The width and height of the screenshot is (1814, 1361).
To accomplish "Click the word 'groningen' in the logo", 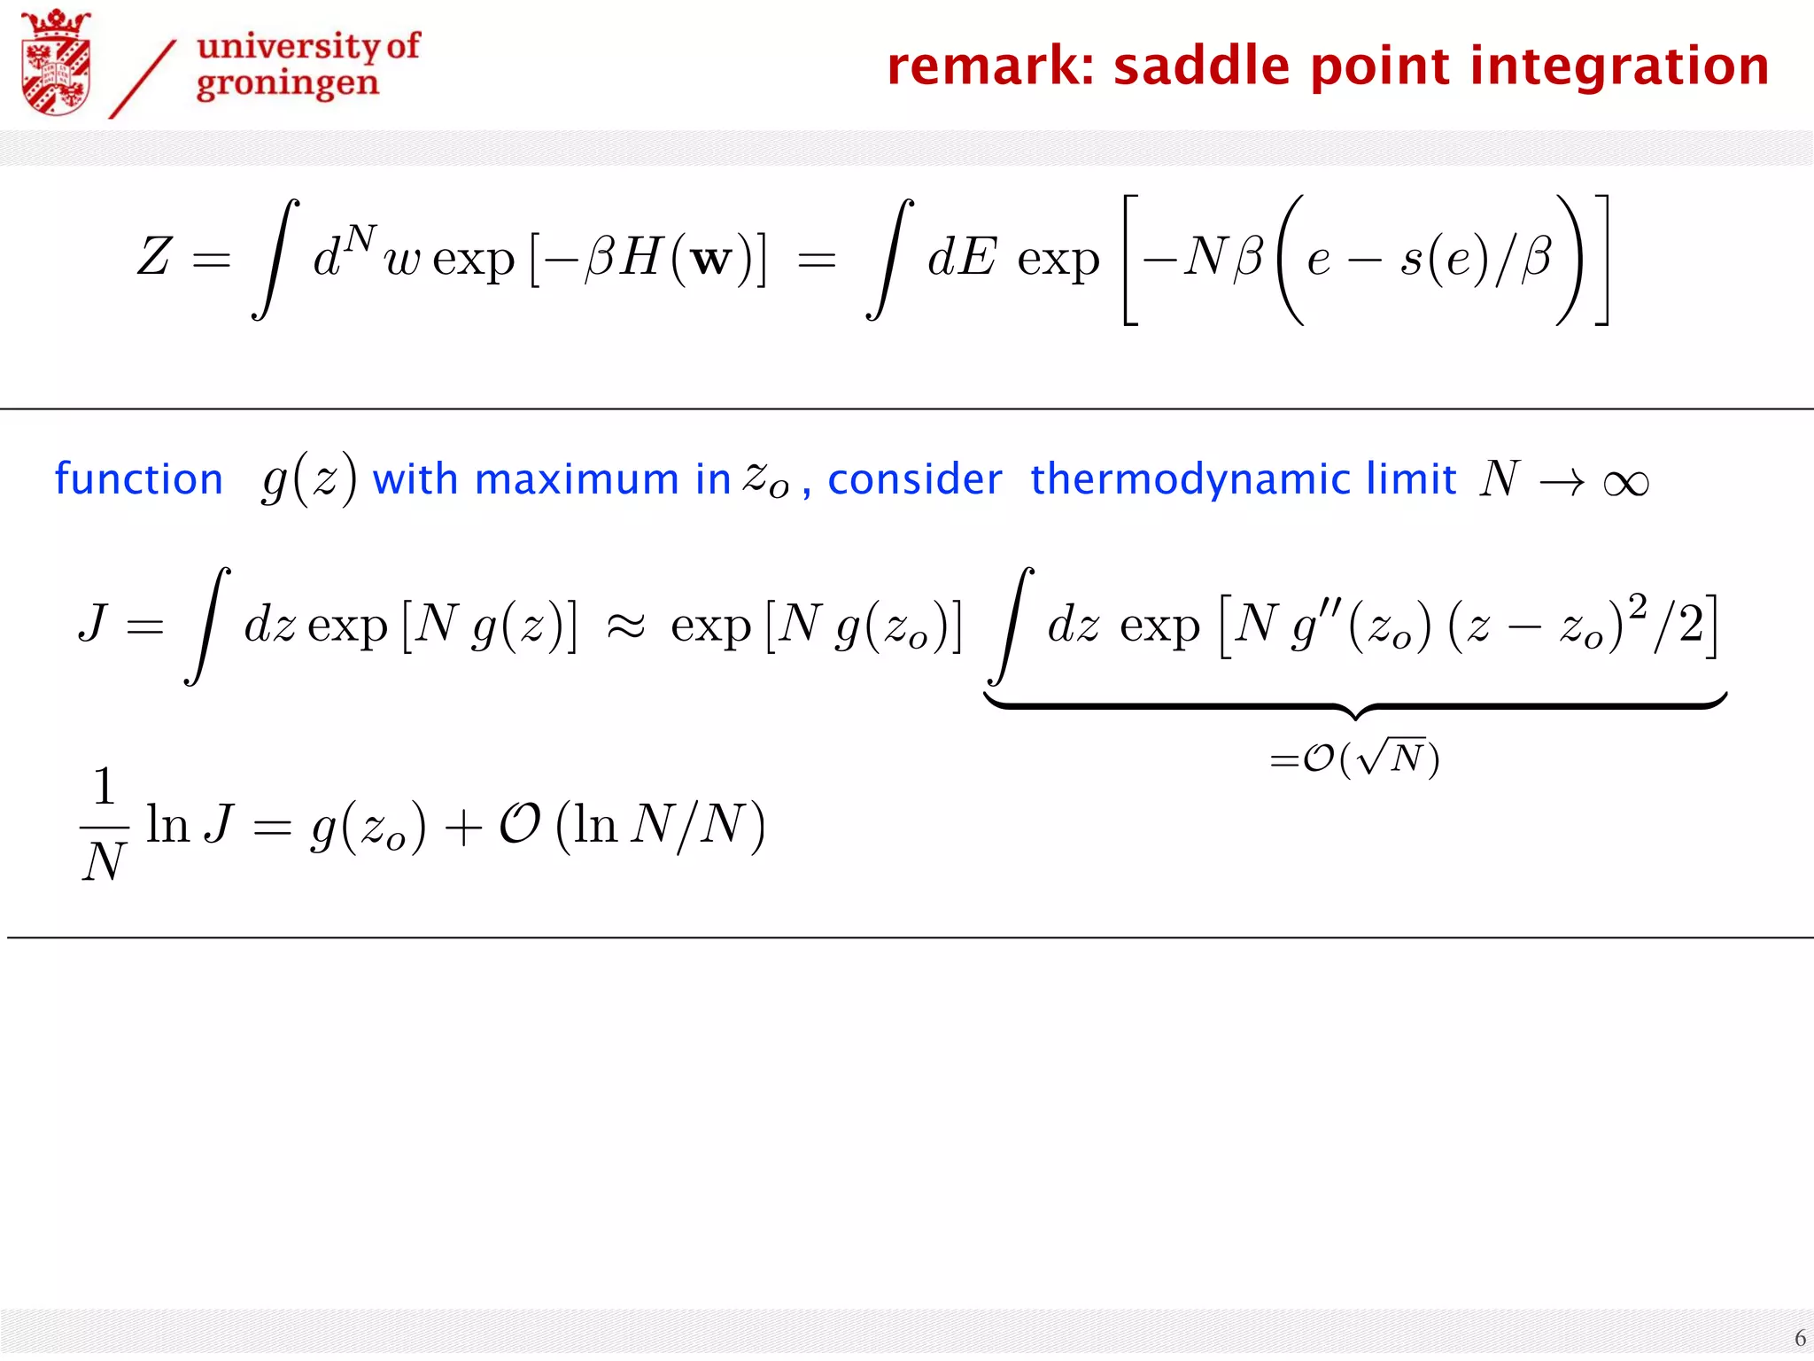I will [288, 85].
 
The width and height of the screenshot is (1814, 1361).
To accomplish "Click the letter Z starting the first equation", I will [154, 257].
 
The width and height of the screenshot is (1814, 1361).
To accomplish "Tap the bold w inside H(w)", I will [711, 259].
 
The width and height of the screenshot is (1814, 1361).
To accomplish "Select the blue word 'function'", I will [139, 479].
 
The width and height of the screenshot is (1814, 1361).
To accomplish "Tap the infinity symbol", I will [1626, 483].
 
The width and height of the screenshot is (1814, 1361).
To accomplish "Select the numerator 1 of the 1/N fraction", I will [105, 786].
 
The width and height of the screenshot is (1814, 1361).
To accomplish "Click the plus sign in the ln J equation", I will [462, 828].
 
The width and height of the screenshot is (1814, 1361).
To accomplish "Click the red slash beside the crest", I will [142, 80].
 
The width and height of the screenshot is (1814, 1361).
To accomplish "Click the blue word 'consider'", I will [914, 479].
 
